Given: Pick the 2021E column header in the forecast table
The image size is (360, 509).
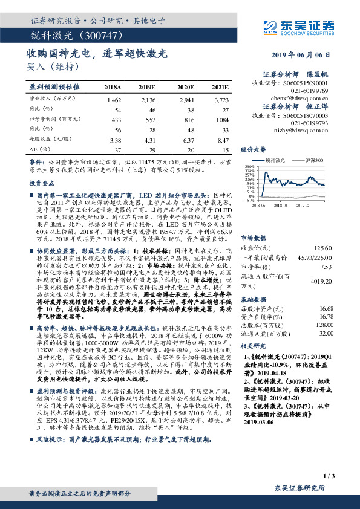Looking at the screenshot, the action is click(x=221, y=87).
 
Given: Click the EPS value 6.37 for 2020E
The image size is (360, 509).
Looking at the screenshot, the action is click(x=185, y=140).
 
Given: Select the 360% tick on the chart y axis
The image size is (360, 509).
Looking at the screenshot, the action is click(x=248, y=166).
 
